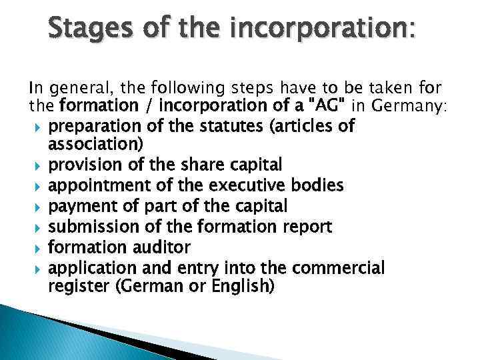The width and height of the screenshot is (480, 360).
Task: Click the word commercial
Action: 337,268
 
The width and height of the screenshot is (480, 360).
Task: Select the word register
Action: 73,287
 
